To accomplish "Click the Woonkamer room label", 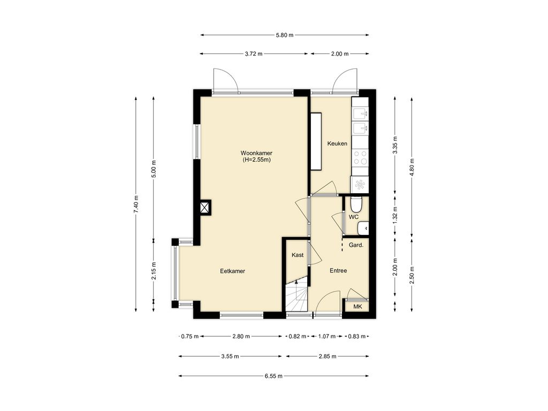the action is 256,153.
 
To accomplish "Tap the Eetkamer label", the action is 232,271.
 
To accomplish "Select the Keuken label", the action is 337,143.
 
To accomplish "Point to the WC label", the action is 354,217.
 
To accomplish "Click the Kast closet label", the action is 298,255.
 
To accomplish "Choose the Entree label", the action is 338,270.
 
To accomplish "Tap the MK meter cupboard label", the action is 357,307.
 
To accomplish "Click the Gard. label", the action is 356,245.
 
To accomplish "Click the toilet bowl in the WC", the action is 356,205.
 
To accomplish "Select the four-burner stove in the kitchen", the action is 360,157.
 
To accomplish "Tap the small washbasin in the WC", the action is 363,228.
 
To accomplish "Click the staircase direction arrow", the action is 296,286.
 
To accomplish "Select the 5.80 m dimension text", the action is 285,35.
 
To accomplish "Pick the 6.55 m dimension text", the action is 273,376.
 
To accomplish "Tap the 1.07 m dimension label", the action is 326,336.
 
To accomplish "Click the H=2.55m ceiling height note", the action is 257,159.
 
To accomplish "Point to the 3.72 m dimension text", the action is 253,54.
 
